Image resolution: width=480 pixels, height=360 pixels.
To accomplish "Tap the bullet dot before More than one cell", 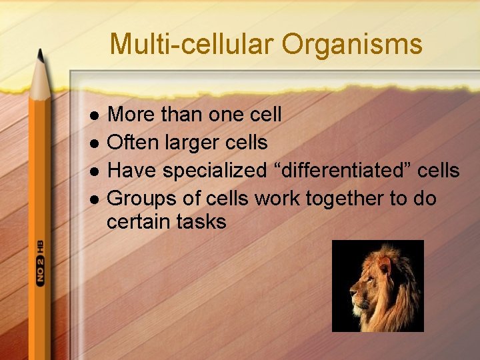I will point(95,115).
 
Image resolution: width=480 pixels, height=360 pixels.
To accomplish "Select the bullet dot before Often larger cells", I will point(95,143).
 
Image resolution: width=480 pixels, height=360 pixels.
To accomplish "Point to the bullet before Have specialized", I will point(95,171).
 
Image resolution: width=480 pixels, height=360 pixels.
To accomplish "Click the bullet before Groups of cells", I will point(95,199).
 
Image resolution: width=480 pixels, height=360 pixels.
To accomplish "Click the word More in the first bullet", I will point(129,115).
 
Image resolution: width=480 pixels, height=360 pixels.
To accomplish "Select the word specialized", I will point(215,171).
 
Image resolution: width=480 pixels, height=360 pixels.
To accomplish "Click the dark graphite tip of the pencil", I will point(41,56).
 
